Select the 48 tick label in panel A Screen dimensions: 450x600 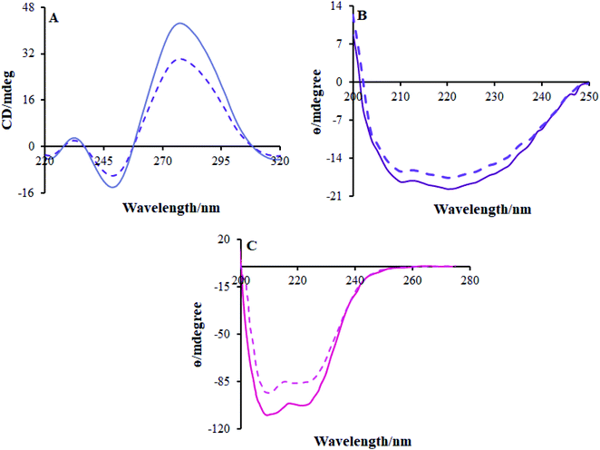(x=29, y=6)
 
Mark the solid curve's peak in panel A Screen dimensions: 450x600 (x=180, y=24)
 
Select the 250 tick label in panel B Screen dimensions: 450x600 (x=588, y=95)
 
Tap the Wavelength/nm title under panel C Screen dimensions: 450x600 (x=363, y=442)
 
